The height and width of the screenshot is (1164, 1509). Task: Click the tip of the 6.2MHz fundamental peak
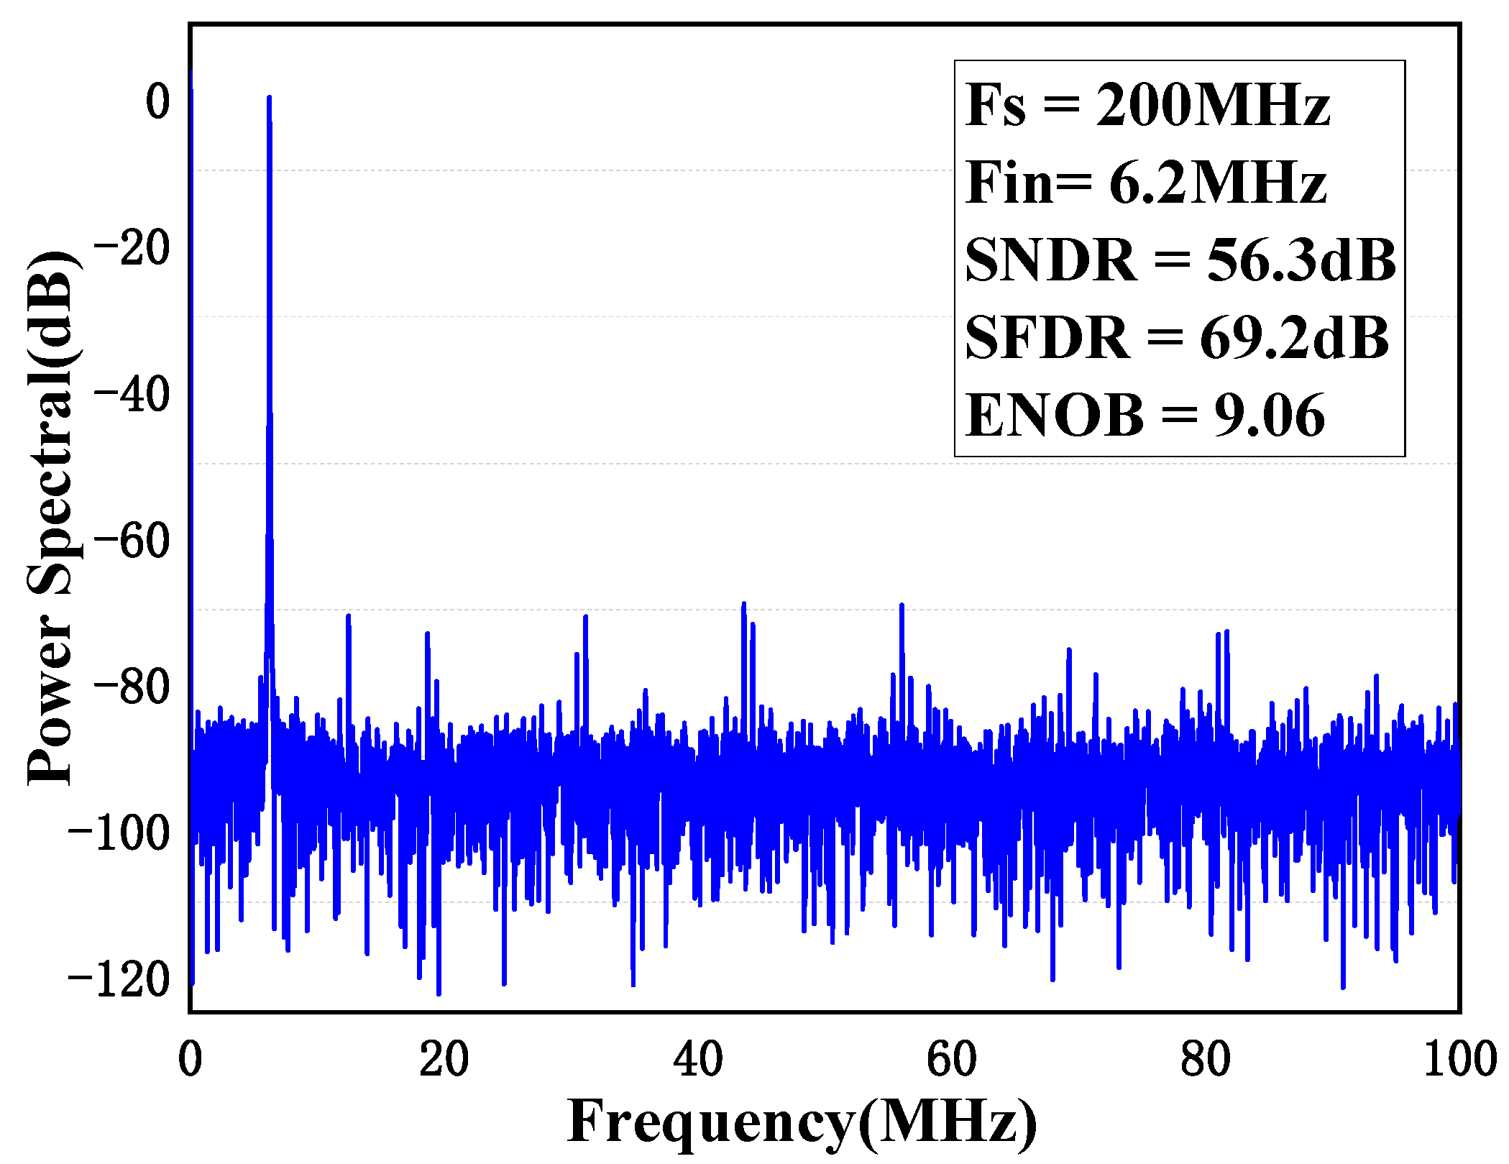269,98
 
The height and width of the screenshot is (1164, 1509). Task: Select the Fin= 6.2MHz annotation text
1145,183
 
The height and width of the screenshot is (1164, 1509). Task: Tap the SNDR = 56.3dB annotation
1180,260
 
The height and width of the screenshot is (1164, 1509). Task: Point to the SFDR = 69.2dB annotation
1176,337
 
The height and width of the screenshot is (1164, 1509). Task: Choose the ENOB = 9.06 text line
1145,415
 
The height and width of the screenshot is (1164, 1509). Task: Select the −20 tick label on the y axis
132,248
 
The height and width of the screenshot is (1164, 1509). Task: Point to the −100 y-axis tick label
119,833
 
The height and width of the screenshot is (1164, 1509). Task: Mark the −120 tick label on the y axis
119,980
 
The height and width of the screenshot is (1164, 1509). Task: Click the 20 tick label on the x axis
444,1059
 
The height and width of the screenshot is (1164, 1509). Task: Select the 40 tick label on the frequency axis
697,1059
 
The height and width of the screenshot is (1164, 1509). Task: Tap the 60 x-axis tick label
951,1059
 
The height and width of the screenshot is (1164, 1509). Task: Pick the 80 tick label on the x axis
1205,1059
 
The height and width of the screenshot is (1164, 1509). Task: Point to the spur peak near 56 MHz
901,606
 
